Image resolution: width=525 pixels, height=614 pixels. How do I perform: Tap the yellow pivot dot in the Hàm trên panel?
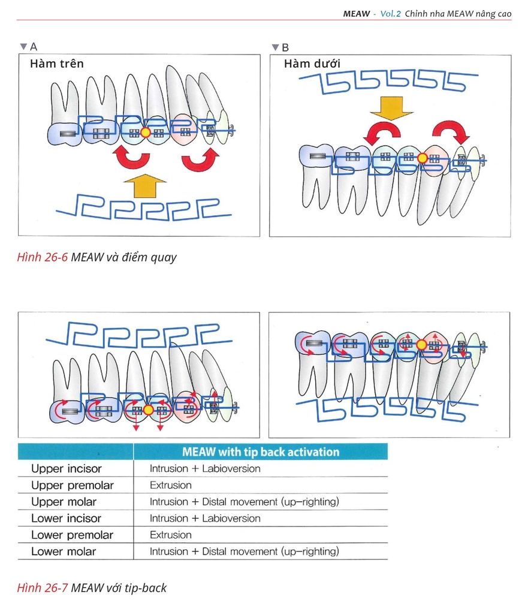point(145,132)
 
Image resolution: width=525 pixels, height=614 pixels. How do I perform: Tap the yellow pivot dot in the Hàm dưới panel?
point(422,158)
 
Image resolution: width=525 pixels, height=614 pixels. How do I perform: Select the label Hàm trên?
point(57,64)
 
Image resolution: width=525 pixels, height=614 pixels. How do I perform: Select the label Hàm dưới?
point(312,64)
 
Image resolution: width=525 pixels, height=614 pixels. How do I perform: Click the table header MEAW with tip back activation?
point(261,452)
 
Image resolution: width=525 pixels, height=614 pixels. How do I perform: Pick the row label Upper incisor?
point(67,468)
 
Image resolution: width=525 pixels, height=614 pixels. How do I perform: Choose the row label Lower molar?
point(64,551)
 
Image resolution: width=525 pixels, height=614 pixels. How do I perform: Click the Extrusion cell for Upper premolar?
point(171,485)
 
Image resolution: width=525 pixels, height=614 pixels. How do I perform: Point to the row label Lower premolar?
point(72,535)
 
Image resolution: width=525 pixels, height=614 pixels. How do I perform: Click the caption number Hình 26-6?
point(42,258)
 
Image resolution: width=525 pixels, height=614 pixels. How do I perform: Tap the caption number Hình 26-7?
point(42,588)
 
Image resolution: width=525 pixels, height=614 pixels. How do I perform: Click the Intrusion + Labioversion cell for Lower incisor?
point(205,518)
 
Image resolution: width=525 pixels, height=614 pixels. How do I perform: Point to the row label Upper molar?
point(64,502)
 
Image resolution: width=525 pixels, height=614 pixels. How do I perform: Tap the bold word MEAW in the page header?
point(357,13)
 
